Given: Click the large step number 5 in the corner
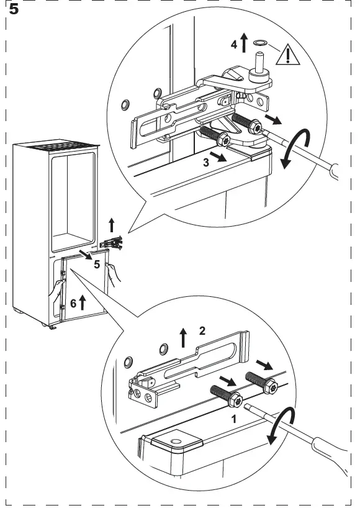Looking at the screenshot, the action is coord(14,9).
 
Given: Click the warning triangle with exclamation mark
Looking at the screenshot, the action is coord(288,55).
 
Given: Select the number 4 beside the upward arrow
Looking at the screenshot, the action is coord(234,44).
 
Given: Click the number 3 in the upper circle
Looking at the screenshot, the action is coord(206,162).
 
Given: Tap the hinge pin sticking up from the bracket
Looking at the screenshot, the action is coord(259,61).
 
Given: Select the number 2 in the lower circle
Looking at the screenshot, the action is coord(202,331).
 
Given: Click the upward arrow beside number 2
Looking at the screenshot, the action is coord(183,337).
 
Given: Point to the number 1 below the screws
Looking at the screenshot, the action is coord(234,419).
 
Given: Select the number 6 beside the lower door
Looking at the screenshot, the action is coord(73,304).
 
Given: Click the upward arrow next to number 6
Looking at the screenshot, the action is coord(82,302).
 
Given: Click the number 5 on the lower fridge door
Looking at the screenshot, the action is coord(97,265).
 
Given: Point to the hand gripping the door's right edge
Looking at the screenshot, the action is coord(114,274).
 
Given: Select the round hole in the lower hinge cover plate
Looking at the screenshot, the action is coord(176,442).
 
